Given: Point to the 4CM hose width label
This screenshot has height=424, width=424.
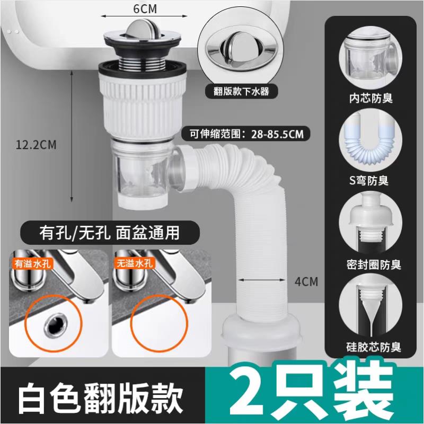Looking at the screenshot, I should coord(306,281).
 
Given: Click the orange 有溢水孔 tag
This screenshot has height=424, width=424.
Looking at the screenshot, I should coord(36,262).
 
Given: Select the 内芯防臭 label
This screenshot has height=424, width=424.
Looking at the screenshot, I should coord(374,99).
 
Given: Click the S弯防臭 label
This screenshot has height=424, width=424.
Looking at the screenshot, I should coord(374,181).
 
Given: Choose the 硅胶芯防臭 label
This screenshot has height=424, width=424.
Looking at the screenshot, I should coord(374,348).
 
